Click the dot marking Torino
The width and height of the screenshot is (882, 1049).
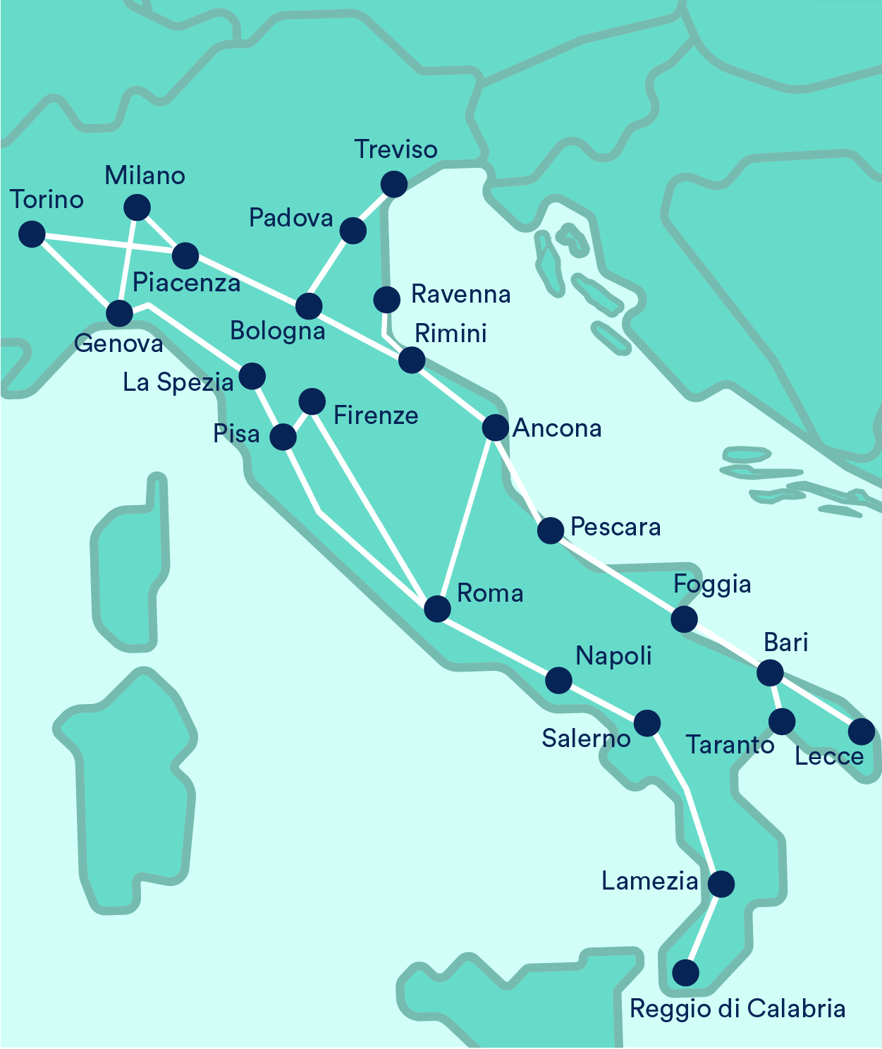(32, 234)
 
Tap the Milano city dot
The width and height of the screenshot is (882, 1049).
(137, 207)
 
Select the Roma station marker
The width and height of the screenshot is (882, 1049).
(437, 608)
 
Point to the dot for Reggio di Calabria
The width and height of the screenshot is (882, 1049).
(685, 973)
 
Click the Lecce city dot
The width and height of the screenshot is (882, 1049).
(862, 732)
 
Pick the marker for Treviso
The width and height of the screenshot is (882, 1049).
(393, 184)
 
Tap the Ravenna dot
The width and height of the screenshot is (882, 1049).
(386, 299)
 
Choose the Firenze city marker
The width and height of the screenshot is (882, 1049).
(312, 401)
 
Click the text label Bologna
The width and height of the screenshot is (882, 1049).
(278, 331)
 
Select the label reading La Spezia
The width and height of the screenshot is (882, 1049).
(178, 382)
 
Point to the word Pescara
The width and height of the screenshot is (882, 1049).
(615, 527)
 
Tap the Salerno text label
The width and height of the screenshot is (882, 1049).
(586, 739)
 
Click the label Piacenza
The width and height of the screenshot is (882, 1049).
(186, 283)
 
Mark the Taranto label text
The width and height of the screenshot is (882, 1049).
(730, 745)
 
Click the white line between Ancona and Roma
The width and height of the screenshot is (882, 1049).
(466, 519)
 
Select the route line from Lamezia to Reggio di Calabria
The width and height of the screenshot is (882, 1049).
(703, 928)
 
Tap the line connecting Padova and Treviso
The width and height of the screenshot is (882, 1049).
(373, 207)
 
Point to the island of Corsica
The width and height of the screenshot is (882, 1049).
(130, 564)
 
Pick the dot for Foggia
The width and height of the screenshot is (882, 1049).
(684, 619)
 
